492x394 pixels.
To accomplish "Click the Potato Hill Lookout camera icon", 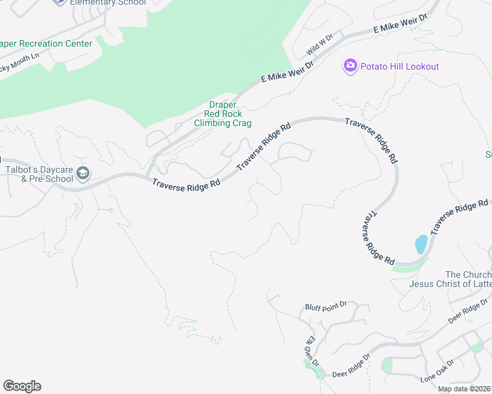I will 350,66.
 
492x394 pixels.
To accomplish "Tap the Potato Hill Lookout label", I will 399,66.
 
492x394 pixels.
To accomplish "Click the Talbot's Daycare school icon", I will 83,173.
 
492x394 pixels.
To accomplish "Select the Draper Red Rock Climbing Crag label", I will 222,114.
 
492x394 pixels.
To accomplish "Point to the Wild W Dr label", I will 320,45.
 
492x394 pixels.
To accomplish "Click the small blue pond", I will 420,244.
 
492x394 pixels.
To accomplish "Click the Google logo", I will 22,386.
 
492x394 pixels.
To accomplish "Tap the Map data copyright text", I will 464,389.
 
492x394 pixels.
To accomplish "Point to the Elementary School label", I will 109,3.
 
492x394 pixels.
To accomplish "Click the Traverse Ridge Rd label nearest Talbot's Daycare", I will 186,185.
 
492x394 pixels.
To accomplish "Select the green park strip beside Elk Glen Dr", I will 314,369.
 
